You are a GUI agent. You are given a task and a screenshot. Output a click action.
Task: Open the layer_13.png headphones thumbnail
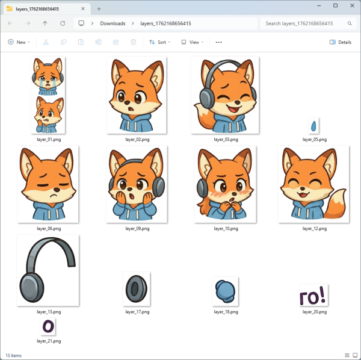pyautogui.click(x=48, y=272)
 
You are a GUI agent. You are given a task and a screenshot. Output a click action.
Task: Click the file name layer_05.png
pyautogui.click(x=314, y=139)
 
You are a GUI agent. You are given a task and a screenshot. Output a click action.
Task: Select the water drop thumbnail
pyautogui.click(x=313, y=125)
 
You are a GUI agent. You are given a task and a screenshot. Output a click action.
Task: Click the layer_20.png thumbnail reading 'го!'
pyautogui.click(x=313, y=295)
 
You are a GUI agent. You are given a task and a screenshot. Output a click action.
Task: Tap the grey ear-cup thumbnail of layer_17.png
pyautogui.click(x=137, y=290)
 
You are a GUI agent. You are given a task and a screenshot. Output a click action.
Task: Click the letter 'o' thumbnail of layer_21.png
pyautogui.click(x=49, y=326)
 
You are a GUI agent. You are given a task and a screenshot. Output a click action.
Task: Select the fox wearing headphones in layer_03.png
pyautogui.click(x=225, y=96)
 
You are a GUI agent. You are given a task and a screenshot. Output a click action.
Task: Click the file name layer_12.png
pyautogui.click(x=314, y=229)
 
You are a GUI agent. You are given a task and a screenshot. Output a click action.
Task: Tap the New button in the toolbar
pyautogui.click(x=18, y=42)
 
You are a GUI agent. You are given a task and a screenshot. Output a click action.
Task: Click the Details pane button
pyautogui.click(x=341, y=42)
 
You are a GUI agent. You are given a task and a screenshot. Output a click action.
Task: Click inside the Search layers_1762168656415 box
pyautogui.click(x=303, y=23)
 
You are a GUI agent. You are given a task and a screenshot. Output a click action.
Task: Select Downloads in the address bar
pyautogui.click(x=113, y=23)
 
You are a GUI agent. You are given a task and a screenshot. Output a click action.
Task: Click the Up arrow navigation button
pyautogui.click(x=45, y=23)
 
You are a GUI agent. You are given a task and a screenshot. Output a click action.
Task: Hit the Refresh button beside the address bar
pyautogui.click(x=63, y=23)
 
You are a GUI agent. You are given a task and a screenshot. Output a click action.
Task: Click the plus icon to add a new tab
pyautogui.click(x=99, y=8)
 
